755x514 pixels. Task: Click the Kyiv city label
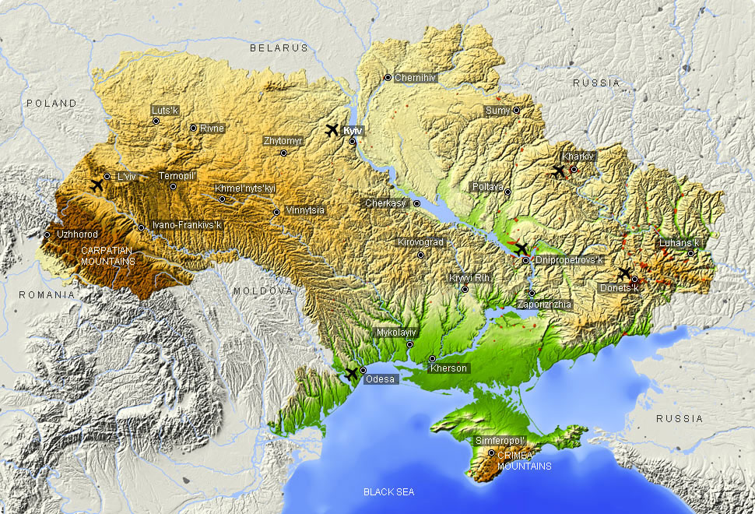click(353, 131)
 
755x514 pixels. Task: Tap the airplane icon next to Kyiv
click(332, 129)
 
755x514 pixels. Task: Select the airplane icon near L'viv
click(97, 185)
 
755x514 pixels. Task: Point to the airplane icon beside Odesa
click(351, 374)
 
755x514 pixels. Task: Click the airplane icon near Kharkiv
click(558, 171)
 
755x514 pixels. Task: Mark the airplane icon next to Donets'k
click(624, 273)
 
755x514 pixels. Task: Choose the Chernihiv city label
click(415, 78)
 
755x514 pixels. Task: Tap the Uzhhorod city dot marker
click(47, 234)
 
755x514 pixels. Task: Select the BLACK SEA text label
click(388, 492)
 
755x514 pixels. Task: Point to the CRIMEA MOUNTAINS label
click(524, 460)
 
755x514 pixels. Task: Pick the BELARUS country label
click(279, 48)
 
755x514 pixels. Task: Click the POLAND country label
click(51, 104)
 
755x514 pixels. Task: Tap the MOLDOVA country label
click(262, 290)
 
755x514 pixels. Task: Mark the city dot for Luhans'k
click(690, 253)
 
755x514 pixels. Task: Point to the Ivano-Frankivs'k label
click(187, 226)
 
